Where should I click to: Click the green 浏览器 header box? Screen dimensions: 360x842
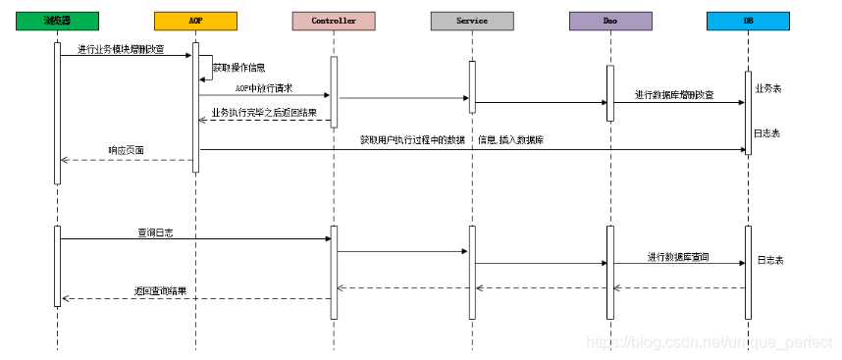click(57, 20)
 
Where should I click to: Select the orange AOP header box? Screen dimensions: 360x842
click(195, 20)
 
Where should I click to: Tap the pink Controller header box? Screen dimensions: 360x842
click(333, 20)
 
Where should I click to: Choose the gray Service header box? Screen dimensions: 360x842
click(472, 20)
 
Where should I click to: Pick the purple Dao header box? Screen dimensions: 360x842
click(609, 20)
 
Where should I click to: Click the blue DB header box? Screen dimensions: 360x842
click(748, 20)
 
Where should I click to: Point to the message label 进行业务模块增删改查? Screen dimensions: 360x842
click(123, 48)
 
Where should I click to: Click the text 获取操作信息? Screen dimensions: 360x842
click(238, 68)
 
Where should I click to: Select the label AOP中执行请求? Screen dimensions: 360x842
click(264, 87)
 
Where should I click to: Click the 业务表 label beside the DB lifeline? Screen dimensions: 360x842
click(768, 87)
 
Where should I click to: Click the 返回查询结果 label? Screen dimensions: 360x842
click(160, 291)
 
